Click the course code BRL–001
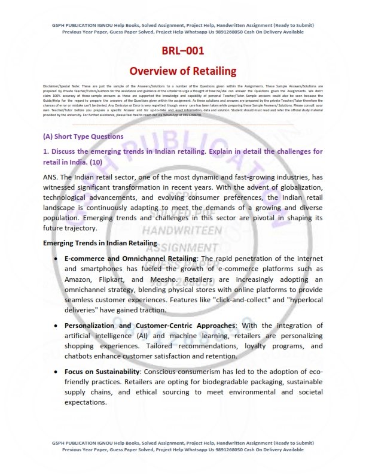point(182,51)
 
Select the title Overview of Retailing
point(183,71)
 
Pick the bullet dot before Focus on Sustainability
point(56,372)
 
